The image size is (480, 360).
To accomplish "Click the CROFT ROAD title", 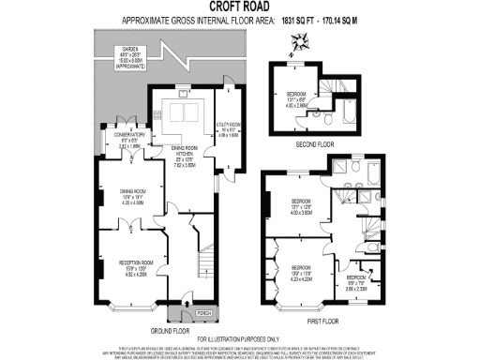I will pyautogui.click(x=240, y=7).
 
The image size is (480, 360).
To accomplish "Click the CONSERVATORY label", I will pyautogui.click(x=129, y=140).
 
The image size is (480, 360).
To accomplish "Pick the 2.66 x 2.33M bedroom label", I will pyautogui.click(x=355, y=282).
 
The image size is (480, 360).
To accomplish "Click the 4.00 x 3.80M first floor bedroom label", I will pyautogui.click(x=302, y=207).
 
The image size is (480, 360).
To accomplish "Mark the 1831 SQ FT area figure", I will pyautogui.click(x=314, y=18).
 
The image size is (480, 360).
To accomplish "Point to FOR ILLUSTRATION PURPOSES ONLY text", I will pyautogui.click(x=240, y=339).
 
